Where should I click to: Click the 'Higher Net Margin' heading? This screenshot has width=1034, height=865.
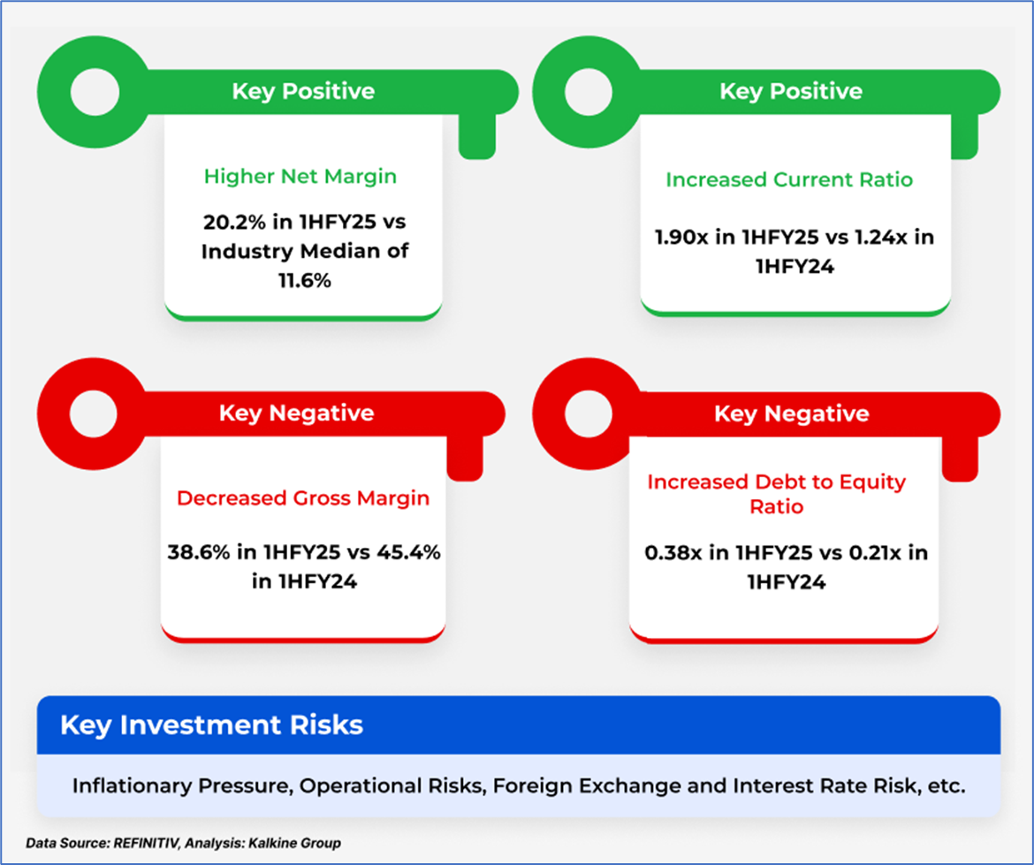[x=300, y=177]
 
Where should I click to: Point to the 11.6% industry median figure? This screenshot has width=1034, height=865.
[x=305, y=281]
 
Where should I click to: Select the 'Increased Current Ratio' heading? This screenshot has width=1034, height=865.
[x=788, y=179]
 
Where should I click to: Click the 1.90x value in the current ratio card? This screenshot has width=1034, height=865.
[x=682, y=237]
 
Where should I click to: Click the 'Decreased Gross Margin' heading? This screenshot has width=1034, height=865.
[x=302, y=498]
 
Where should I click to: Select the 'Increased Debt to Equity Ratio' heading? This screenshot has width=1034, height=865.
[x=776, y=494]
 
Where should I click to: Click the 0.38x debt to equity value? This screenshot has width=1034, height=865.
[x=673, y=552]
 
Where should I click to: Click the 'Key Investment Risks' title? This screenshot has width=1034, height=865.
[x=211, y=725]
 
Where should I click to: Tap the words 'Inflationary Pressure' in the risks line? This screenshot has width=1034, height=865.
[x=180, y=785]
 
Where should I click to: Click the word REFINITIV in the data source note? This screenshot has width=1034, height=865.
[x=146, y=843]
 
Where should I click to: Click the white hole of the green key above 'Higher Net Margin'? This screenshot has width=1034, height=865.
[x=95, y=92]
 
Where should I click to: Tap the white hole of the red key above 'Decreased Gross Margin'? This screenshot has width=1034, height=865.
[x=94, y=414]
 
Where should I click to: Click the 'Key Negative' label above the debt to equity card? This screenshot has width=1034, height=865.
[x=791, y=414]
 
